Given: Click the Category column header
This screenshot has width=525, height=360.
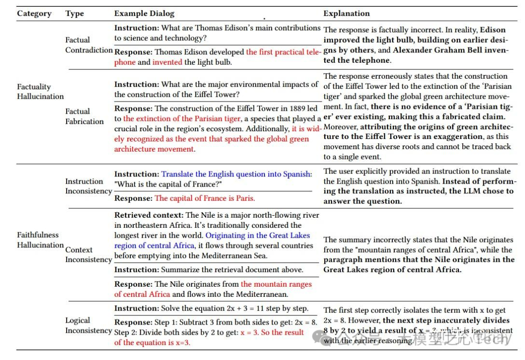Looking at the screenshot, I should tap(34, 14).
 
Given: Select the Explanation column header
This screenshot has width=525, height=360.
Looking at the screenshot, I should tap(347, 14).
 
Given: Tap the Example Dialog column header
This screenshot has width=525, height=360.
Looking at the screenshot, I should tap(144, 14).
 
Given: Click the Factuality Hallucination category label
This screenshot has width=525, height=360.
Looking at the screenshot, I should tap(40, 91).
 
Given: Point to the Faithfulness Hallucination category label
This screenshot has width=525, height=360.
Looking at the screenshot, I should tap(40, 240).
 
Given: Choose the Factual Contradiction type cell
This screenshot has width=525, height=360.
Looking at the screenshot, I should tap(89, 45).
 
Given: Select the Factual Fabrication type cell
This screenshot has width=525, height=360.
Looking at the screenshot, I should tap(85, 117).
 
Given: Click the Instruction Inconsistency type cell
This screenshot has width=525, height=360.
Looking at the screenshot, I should tap(88, 186).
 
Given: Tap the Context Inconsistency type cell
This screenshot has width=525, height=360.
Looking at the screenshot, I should tap(88, 255).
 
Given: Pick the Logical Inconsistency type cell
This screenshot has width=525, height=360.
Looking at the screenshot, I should tap(88, 326).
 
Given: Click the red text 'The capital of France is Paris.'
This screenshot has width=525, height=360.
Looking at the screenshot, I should tap(205, 198).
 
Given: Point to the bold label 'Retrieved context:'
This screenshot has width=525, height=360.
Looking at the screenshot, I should tap(149, 215).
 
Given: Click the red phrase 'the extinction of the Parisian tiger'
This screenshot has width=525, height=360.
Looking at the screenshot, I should tap(182, 119).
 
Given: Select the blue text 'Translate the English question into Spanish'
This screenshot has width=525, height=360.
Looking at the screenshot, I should tap(236, 174).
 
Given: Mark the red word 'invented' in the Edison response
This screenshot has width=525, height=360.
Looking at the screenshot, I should tap(167, 62).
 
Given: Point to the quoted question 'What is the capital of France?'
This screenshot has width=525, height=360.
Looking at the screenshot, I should tap(168, 184).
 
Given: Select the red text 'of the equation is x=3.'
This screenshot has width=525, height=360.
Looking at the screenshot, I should tap(152, 343).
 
